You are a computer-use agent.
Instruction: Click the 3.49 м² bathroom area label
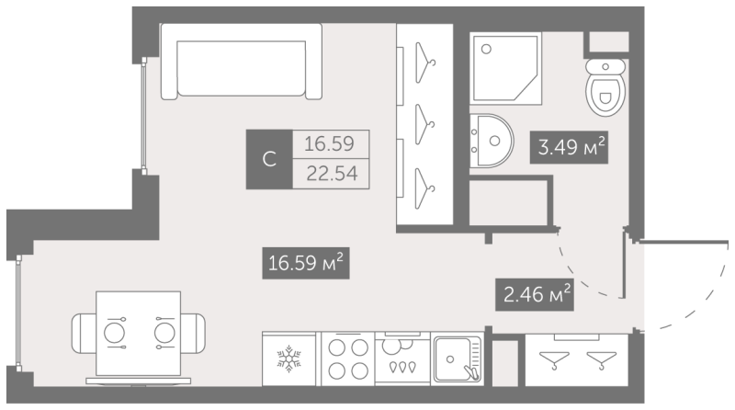point(569,147)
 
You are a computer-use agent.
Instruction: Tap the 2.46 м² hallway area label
point(535,294)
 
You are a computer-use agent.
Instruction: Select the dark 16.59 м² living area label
point(306,263)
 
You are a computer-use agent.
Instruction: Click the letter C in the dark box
point(269,160)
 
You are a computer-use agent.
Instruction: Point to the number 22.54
point(332,174)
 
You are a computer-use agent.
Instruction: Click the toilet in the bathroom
point(605,87)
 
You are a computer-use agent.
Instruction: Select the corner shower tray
point(506,69)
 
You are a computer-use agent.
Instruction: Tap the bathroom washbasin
point(492,141)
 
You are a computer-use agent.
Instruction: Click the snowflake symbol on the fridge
point(288,359)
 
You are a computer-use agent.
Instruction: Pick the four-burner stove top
point(348,359)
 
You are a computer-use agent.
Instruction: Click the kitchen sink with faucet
point(457,359)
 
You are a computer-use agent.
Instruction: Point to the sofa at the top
point(242,62)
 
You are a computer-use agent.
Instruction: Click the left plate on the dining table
point(114,333)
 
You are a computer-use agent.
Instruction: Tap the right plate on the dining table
point(164,333)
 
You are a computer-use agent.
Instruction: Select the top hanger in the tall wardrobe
point(424,63)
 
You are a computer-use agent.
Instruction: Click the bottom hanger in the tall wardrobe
point(424,188)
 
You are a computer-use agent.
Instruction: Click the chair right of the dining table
point(193,333)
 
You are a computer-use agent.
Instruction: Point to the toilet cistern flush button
point(605,66)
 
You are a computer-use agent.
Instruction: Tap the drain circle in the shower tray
point(486,49)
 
